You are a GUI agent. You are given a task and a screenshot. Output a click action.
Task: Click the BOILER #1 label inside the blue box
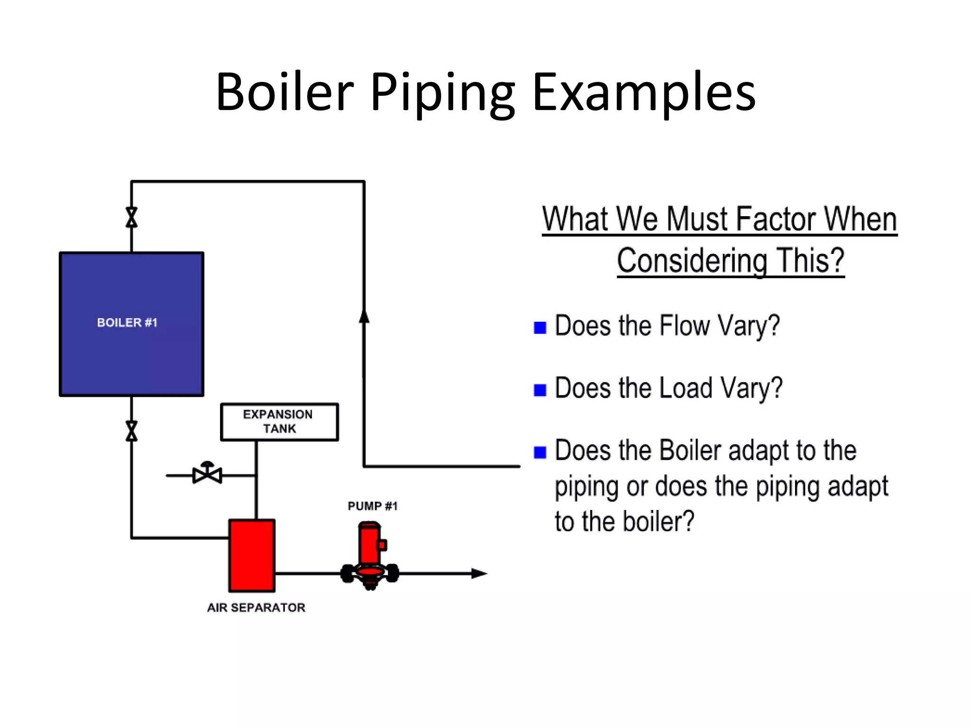tap(127, 323)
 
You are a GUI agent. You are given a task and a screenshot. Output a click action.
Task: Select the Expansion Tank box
tap(279, 422)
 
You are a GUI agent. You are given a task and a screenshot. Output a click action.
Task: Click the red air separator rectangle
tap(252, 555)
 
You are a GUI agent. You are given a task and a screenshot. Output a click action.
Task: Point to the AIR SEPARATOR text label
tap(256, 608)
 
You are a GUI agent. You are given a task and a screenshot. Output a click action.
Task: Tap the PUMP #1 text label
tap(373, 506)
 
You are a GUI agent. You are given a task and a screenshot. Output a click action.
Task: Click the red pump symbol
tap(370, 555)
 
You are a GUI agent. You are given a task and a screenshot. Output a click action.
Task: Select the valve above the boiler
tap(132, 217)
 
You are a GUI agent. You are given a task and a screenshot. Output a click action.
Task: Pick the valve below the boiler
tap(132, 431)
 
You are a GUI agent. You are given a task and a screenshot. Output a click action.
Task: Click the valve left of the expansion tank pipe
tap(207, 473)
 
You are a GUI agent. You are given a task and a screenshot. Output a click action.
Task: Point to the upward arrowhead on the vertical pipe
tap(364, 317)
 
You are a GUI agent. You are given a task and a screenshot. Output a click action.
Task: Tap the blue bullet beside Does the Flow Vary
tap(540, 328)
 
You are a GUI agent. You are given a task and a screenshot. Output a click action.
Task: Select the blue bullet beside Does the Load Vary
tap(540, 390)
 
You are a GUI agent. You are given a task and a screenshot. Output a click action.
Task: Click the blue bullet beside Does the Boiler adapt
tap(540, 452)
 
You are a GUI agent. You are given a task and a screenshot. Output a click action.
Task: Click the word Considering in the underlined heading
tap(692, 261)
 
